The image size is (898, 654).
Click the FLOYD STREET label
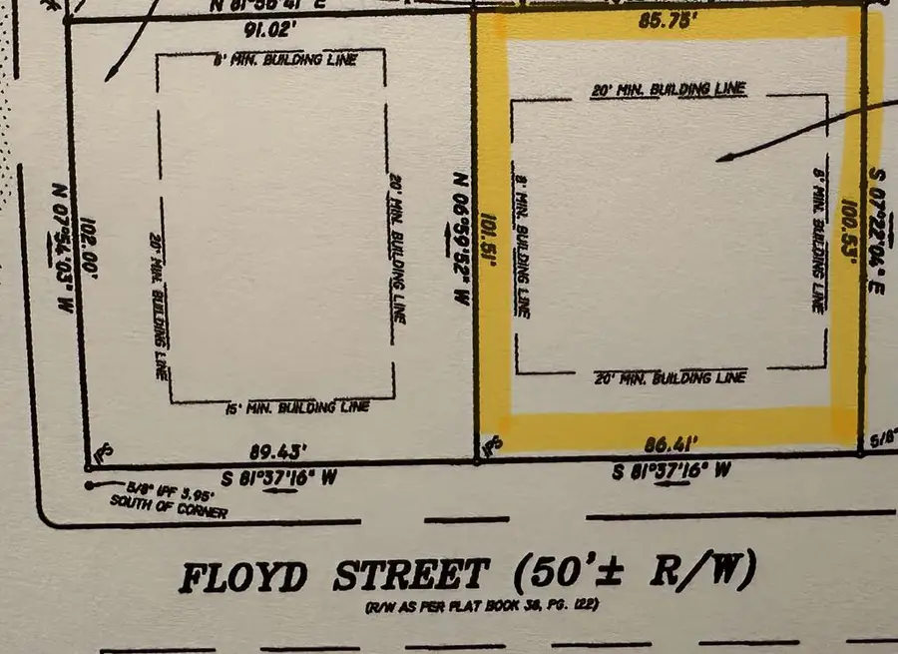334,577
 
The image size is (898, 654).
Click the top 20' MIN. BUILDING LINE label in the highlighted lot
669,90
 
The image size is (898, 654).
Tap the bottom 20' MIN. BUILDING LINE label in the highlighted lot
670,378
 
